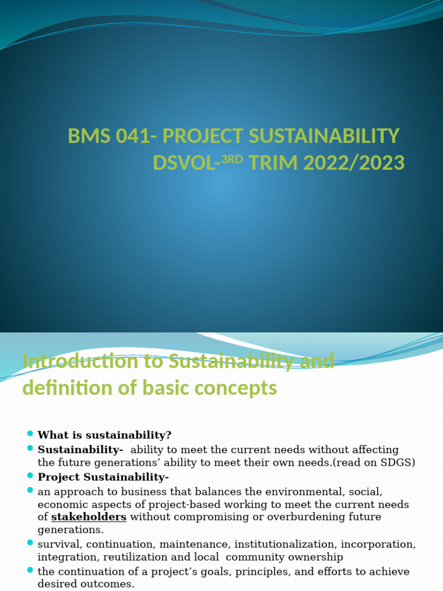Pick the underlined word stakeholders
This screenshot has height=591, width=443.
point(89,517)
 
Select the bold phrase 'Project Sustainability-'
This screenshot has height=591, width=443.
point(103,477)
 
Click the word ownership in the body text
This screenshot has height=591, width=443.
point(318,557)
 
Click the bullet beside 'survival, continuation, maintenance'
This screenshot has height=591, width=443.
point(30,544)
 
